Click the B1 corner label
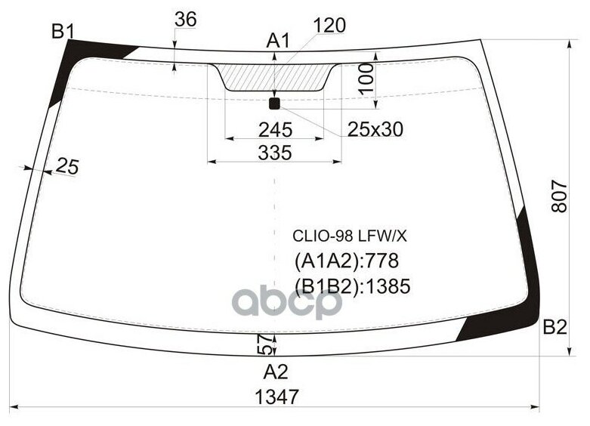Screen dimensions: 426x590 click(x=62, y=32)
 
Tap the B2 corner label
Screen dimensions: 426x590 click(x=554, y=327)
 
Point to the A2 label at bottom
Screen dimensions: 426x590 click(x=276, y=372)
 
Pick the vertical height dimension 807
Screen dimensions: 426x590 click(x=558, y=197)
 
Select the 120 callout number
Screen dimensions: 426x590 click(x=329, y=26)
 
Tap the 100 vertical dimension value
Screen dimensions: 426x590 click(x=366, y=79)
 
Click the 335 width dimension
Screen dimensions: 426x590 click(x=274, y=153)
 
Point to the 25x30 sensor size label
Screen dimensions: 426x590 click(x=375, y=130)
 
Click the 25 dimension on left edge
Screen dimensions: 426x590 click(x=67, y=168)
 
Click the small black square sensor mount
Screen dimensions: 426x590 click(x=275, y=103)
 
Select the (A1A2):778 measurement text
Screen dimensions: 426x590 click(x=345, y=261)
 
